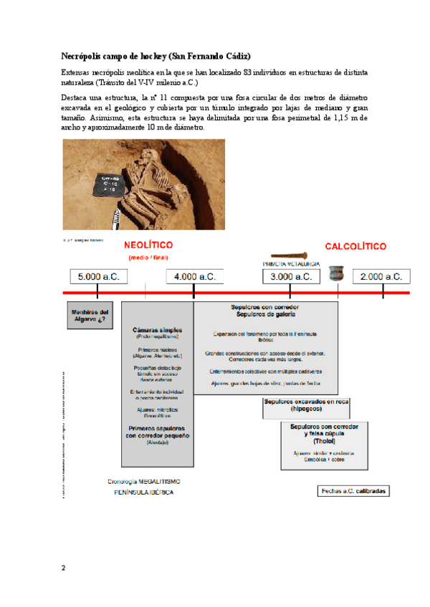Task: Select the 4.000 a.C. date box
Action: pos(193,276)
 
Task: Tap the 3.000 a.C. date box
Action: pos(290,276)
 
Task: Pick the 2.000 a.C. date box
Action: pos(382,276)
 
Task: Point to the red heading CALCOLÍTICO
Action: pos(355,246)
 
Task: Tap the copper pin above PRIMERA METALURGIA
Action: pos(289,254)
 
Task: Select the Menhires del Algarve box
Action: pos(90,316)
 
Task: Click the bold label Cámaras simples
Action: pos(156,330)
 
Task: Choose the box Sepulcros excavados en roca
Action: pos(306,406)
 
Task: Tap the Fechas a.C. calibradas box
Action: pos(353,491)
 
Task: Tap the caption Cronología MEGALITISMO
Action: pos(143,481)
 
